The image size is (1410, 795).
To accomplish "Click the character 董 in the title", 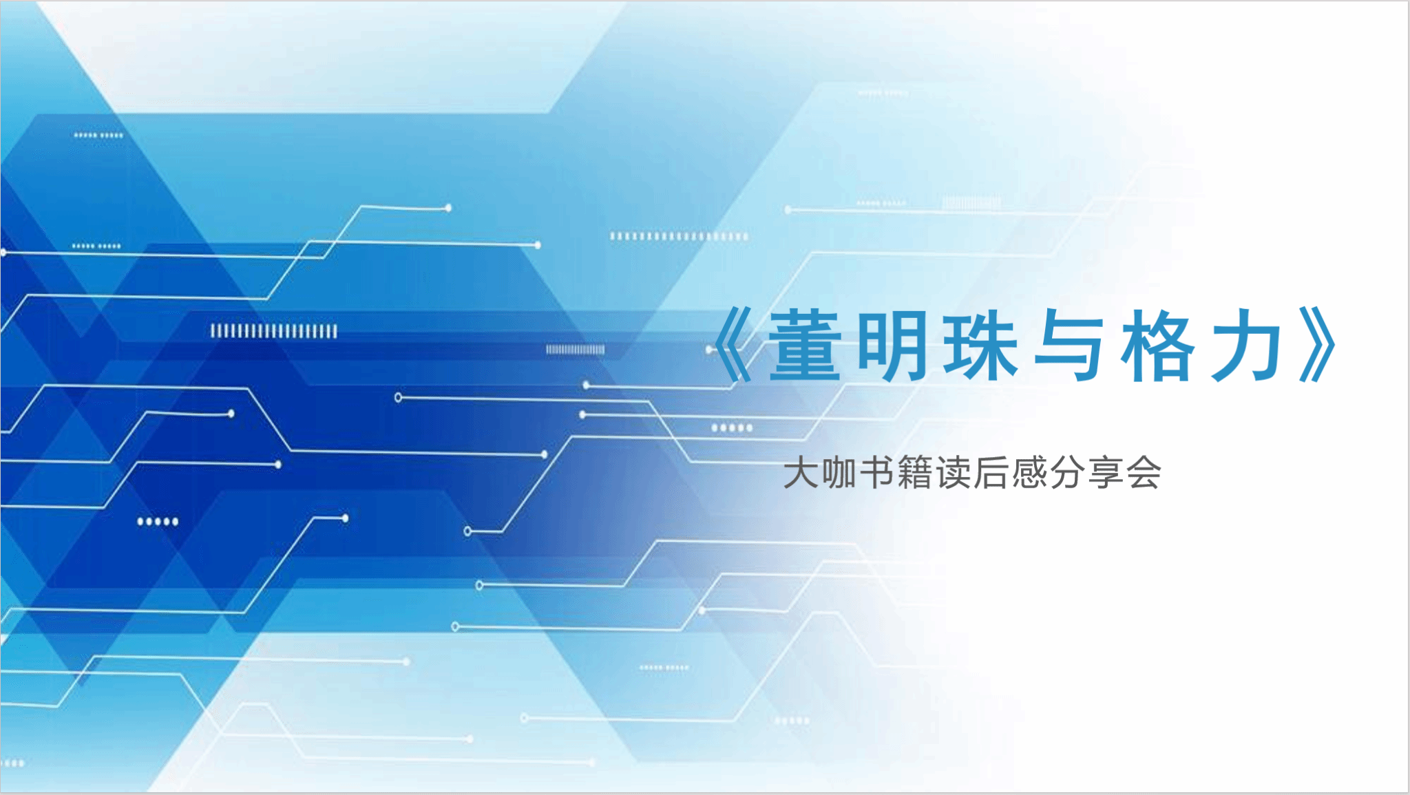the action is (806, 344).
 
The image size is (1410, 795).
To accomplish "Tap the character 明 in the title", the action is (892, 344).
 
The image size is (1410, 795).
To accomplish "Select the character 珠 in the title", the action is (980, 344).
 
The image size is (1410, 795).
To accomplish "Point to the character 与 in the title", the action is (1069, 344).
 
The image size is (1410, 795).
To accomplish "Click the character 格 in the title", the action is (1157, 344).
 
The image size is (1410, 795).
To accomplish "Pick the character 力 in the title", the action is (1246, 344).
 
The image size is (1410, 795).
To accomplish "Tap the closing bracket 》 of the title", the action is (1318, 344).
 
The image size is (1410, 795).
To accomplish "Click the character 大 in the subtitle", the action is (800, 473).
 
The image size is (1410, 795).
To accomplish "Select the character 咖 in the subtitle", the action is (839, 473).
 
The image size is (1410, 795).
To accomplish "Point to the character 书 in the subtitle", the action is (876, 473).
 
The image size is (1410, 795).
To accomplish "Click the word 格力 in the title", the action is (1201, 344).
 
